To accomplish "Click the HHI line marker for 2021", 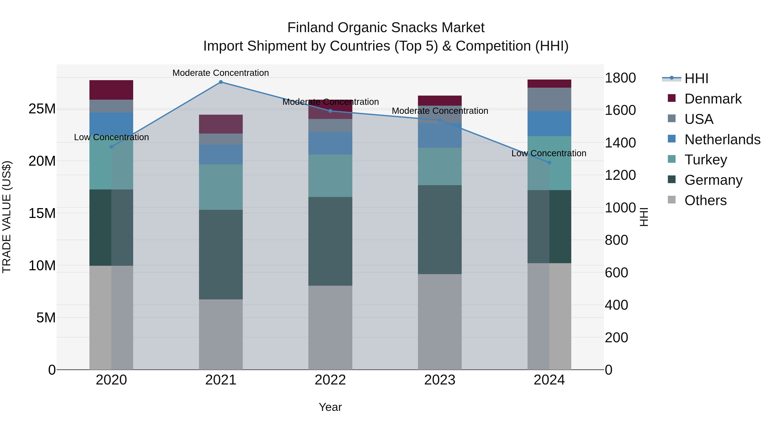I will click(x=221, y=82).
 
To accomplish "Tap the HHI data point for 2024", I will click(x=549, y=163).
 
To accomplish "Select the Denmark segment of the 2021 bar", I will click(x=221, y=124).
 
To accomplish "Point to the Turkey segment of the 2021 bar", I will click(x=221, y=187).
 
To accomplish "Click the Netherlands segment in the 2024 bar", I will click(x=549, y=123).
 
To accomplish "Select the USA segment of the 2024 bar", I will click(x=549, y=99).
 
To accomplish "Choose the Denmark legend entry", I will click(x=712, y=99).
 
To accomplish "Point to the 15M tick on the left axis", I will click(x=42, y=213).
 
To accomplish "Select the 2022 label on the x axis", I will click(x=330, y=380).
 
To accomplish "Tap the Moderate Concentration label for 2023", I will click(x=440, y=111).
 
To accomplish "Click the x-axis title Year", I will click(x=330, y=407).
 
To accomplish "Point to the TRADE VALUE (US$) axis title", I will click(x=7, y=217).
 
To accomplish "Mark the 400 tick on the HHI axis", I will click(x=616, y=305).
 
